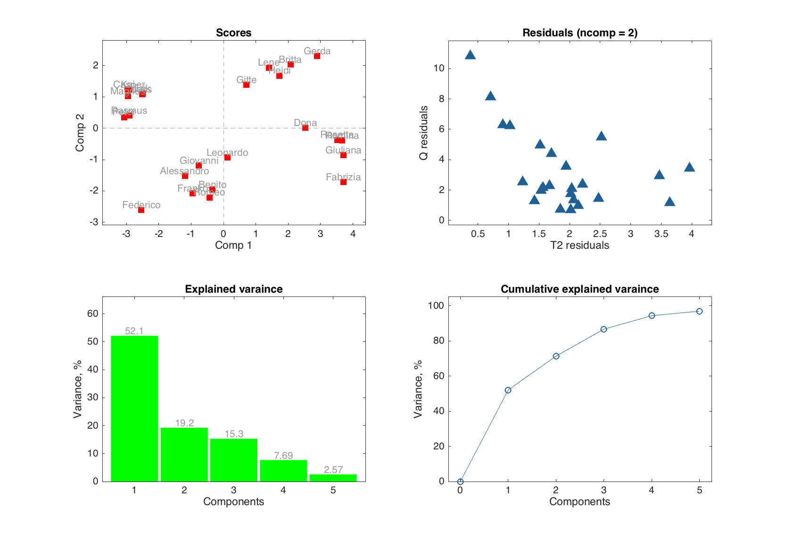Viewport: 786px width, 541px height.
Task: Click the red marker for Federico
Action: tap(141, 210)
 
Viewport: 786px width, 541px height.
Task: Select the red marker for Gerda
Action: tap(317, 56)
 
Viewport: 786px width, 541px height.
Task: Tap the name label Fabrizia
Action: tap(343, 177)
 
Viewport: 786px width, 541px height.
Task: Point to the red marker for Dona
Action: tap(305, 128)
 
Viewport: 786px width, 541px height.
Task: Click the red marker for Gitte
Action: tap(246, 85)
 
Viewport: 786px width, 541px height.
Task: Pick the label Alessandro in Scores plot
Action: tap(184, 171)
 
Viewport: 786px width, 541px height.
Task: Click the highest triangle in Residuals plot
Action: tap(470, 55)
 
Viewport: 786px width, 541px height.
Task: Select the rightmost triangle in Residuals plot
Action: tap(689, 167)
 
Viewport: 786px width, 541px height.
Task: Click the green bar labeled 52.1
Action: tap(134, 408)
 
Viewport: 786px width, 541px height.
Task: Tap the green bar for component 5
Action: tap(333, 478)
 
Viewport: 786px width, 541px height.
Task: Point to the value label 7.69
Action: tap(283, 456)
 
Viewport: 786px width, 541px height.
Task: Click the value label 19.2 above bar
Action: tap(184, 423)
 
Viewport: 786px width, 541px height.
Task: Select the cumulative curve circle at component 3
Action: tap(604, 329)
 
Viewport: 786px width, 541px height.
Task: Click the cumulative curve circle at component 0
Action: tap(460, 482)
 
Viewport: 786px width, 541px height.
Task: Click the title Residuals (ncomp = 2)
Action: tap(579, 33)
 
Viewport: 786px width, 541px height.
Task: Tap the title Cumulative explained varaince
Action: tap(579, 289)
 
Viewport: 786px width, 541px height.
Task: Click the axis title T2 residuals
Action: tap(579, 245)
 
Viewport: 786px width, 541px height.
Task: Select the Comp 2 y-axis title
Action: tap(80, 133)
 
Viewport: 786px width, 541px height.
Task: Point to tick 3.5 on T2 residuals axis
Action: tap(661, 234)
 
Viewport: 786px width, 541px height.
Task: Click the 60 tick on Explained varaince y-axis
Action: tap(93, 313)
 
